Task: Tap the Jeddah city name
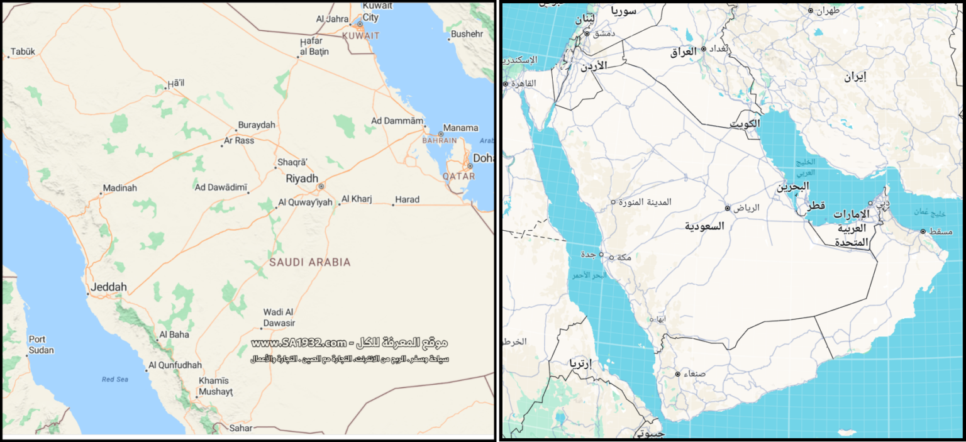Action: (x=109, y=287)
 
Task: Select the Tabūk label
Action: (x=23, y=52)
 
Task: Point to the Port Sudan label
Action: (x=41, y=345)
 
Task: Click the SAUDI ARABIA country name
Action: (x=310, y=262)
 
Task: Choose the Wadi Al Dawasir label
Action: (x=279, y=318)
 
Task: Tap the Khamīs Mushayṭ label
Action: (x=216, y=386)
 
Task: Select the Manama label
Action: (x=460, y=128)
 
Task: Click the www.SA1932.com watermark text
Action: (x=299, y=343)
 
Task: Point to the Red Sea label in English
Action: (x=115, y=379)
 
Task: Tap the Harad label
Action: (x=407, y=200)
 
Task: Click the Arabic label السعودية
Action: (x=704, y=226)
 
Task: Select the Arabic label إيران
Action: (x=855, y=77)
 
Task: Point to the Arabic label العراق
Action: (x=681, y=52)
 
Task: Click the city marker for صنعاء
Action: (x=677, y=374)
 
